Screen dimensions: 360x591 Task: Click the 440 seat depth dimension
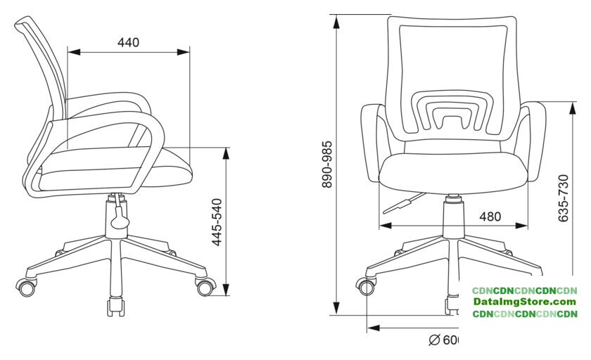(x=128, y=43)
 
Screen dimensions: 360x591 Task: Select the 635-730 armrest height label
(x=564, y=198)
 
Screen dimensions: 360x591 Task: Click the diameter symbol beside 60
(x=434, y=341)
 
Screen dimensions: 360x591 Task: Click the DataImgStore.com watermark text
(x=524, y=302)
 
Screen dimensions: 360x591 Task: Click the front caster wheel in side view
(x=206, y=286)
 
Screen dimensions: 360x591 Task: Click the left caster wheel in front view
(x=366, y=286)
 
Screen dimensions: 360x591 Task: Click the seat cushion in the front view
(x=454, y=172)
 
